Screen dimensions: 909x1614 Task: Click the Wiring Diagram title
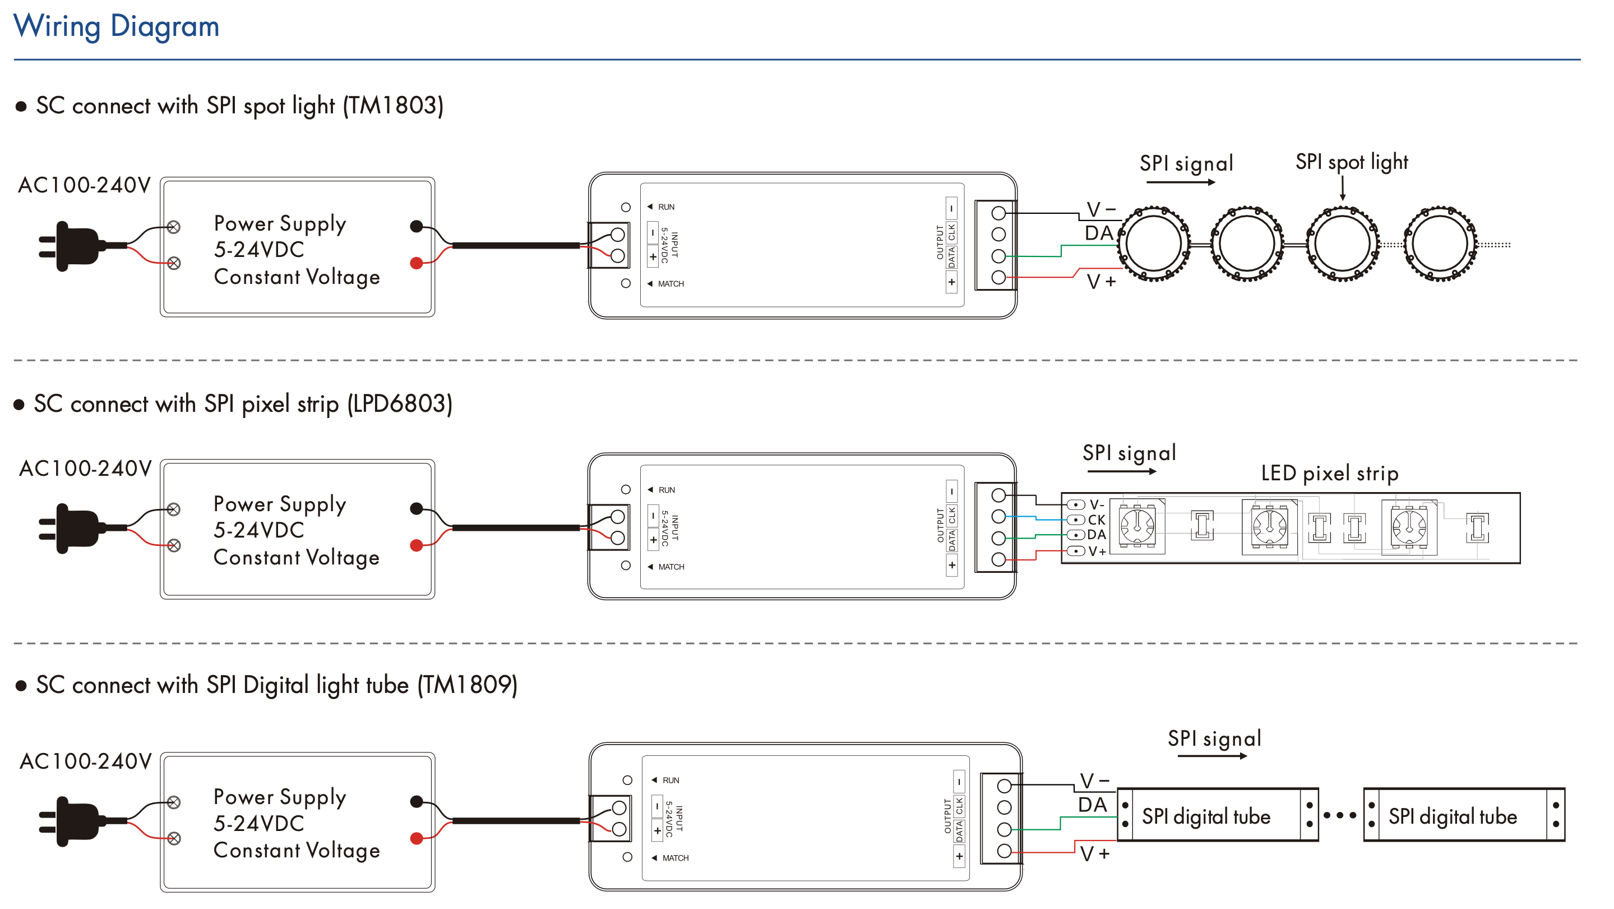pyautogui.click(x=116, y=26)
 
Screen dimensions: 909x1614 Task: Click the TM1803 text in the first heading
pyautogui.click(x=393, y=105)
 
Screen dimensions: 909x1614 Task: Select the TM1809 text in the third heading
pyautogui.click(x=468, y=685)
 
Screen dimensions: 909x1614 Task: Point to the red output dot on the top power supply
pyautogui.click(x=416, y=263)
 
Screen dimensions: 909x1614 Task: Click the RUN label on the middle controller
pyautogui.click(x=667, y=490)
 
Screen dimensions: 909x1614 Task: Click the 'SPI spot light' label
pyautogui.click(x=1352, y=162)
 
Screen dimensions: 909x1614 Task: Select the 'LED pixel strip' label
pyautogui.click(x=1330, y=474)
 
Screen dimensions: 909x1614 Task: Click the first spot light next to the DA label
pyautogui.click(x=1154, y=244)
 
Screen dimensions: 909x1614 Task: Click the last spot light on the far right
pyautogui.click(x=1440, y=244)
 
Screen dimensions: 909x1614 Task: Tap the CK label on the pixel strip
pyautogui.click(x=1097, y=520)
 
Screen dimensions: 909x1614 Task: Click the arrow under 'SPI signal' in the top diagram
pyautogui.click(x=1181, y=182)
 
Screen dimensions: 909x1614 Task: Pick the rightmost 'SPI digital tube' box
pyautogui.click(x=1464, y=815)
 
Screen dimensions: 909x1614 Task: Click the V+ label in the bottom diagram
pyautogui.click(x=1094, y=854)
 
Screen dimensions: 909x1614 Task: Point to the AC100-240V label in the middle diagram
pyautogui.click(x=85, y=469)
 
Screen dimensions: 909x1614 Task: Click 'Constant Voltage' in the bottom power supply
pyautogui.click(x=297, y=851)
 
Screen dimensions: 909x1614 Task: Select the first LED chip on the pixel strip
pyautogui.click(x=1137, y=526)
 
